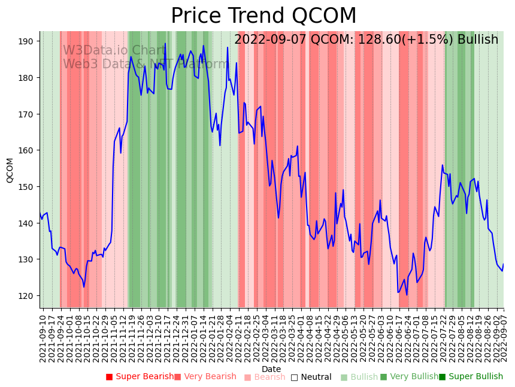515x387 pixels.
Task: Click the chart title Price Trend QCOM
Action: coord(263,16)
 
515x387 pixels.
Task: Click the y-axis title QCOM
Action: coord(10,170)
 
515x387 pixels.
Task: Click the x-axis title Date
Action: coord(271,369)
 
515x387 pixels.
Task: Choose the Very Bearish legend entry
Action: coord(205,377)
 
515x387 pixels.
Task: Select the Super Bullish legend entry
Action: coord(471,377)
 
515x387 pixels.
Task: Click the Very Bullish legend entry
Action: coord(409,377)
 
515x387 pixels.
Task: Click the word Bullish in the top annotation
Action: coord(478,40)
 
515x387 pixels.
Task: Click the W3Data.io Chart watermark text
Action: coord(114,51)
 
